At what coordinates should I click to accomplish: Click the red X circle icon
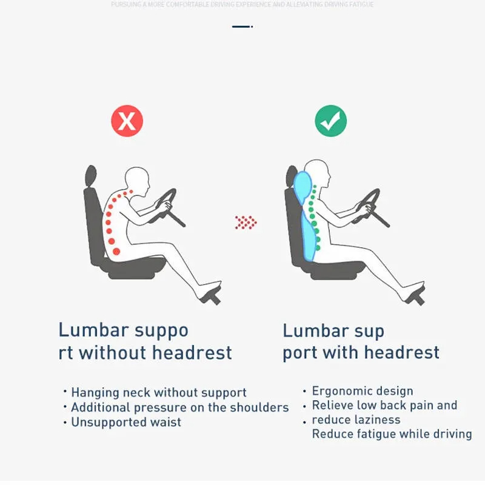127,121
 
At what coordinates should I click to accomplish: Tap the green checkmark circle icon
330,121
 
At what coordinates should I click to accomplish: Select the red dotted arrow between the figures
246,222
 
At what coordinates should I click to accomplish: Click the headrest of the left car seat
91,176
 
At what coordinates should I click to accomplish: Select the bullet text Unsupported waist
126,423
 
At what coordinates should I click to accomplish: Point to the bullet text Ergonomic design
363,391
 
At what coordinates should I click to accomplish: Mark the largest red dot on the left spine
117,251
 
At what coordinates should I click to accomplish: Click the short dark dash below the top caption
241,27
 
